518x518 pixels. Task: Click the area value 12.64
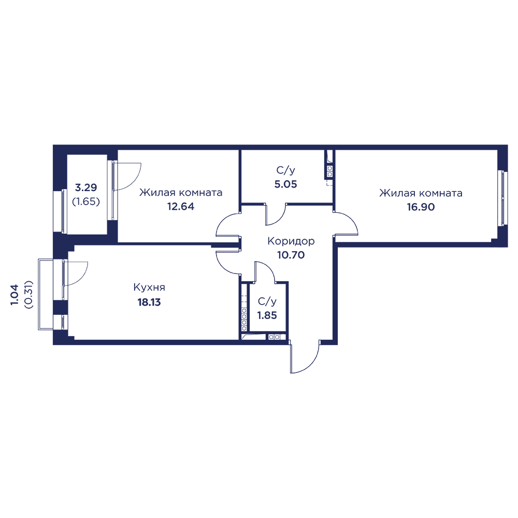[x=181, y=206]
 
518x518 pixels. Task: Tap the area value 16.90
[x=421, y=206]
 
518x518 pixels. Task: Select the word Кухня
[x=149, y=287]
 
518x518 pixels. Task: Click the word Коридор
[x=291, y=241]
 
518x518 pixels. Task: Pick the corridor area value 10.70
[x=291, y=255]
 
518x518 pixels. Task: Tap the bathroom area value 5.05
[x=286, y=183]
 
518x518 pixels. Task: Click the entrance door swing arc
[x=308, y=363]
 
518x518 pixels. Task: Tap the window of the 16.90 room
[x=501, y=198]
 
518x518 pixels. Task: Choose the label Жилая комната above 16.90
[x=421, y=193]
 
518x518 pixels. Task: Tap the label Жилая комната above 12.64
[x=181, y=193]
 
